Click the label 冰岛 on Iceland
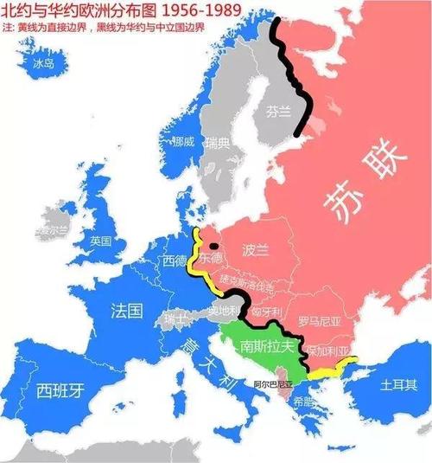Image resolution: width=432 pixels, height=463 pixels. (x=43, y=63)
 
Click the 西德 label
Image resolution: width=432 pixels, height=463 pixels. (x=175, y=260)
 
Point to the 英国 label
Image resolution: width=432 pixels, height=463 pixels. (x=101, y=240)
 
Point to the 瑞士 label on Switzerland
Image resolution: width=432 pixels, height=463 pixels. (x=174, y=320)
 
